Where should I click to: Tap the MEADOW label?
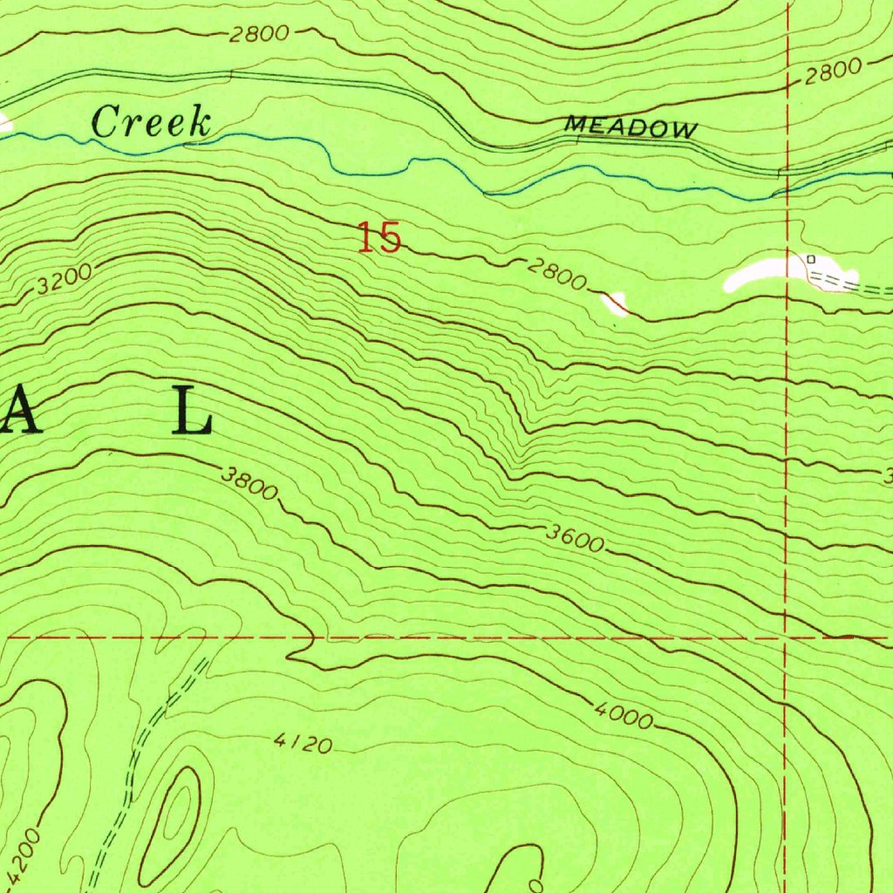pos(631,128)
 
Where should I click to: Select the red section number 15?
pos(379,238)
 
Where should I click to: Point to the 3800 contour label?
pos(249,482)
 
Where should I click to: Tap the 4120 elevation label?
pos(303,744)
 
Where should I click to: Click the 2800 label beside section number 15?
pos(556,275)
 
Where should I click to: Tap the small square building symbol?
pos(810,259)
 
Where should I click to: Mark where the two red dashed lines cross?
pos(787,637)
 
